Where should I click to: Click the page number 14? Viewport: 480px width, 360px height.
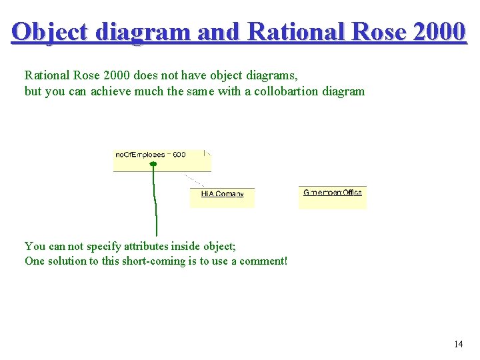(x=458, y=344)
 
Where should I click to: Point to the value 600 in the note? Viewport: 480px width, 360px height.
(x=179, y=155)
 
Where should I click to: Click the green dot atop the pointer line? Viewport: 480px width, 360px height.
(x=153, y=163)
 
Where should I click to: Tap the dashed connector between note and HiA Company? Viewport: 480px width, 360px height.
(x=195, y=181)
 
